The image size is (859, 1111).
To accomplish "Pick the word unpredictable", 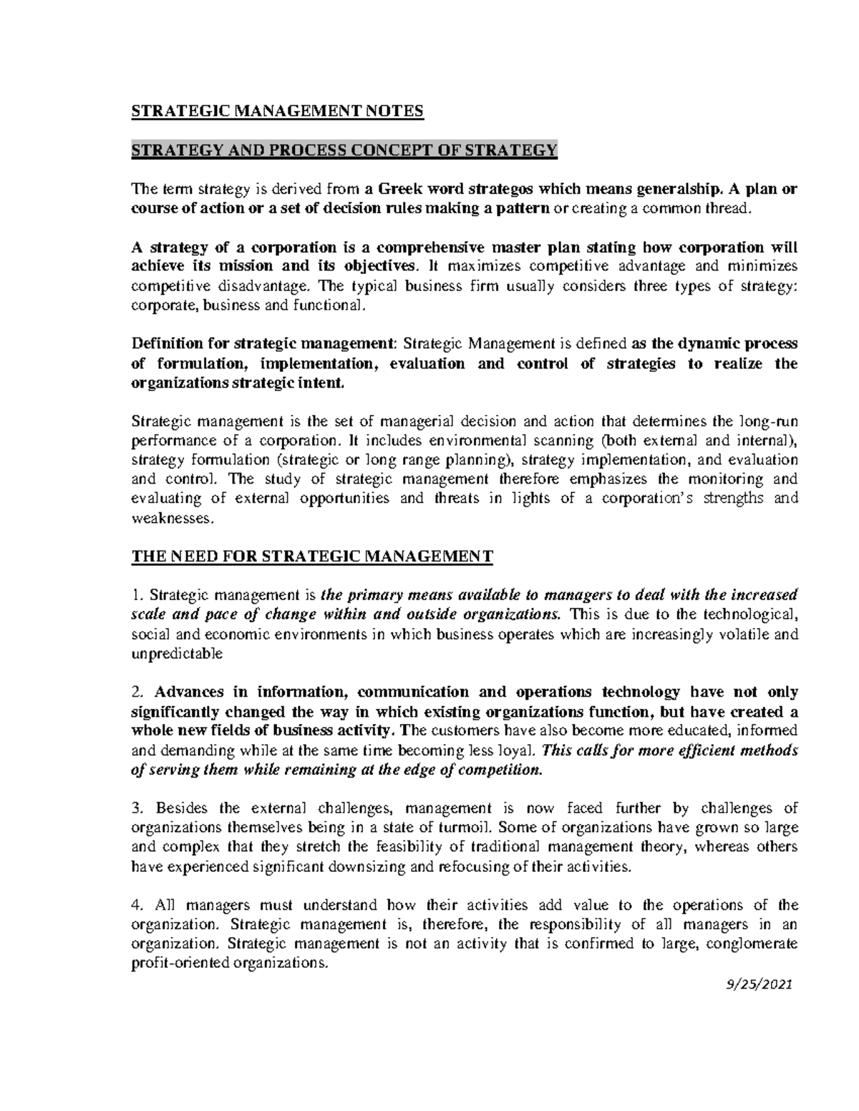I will [x=178, y=653].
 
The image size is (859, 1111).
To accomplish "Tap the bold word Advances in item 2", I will [x=189, y=692].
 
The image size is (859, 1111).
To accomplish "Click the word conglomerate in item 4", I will [x=752, y=944].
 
